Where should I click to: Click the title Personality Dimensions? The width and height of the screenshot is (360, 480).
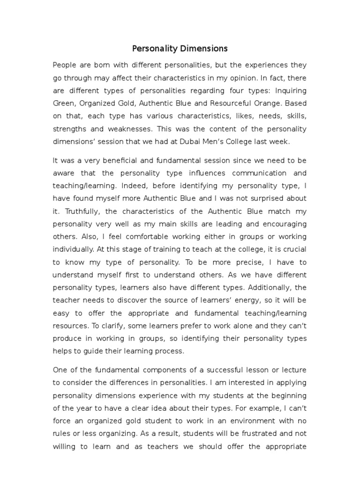coord(180,48)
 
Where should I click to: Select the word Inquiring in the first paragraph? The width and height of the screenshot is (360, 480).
coord(291,90)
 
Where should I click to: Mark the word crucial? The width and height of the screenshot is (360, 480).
coord(293,250)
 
